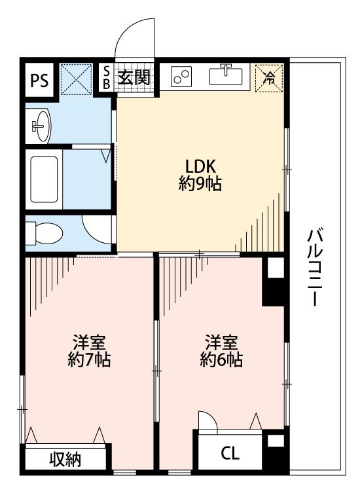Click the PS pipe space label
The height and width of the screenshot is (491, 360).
point(39,80)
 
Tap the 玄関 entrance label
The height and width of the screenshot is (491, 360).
point(134,77)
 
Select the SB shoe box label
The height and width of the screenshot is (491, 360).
point(107,78)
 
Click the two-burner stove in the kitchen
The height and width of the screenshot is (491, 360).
point(181,77)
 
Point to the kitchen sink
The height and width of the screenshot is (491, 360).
point(226,75)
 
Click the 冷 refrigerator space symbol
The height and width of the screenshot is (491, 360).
point(269,78)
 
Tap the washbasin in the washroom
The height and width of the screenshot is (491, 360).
point(41,126)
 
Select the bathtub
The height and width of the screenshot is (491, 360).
point(44,179)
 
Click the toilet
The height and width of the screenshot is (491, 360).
point(44,233)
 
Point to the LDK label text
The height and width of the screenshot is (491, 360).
point(200,166)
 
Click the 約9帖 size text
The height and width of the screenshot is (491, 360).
point(200,183)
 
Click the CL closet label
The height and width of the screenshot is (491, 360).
point(230,453)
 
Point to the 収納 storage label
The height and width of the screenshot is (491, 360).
point(65,460)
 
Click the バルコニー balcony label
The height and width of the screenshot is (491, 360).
point(314,267)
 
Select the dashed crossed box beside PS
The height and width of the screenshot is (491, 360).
point(76,79)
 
